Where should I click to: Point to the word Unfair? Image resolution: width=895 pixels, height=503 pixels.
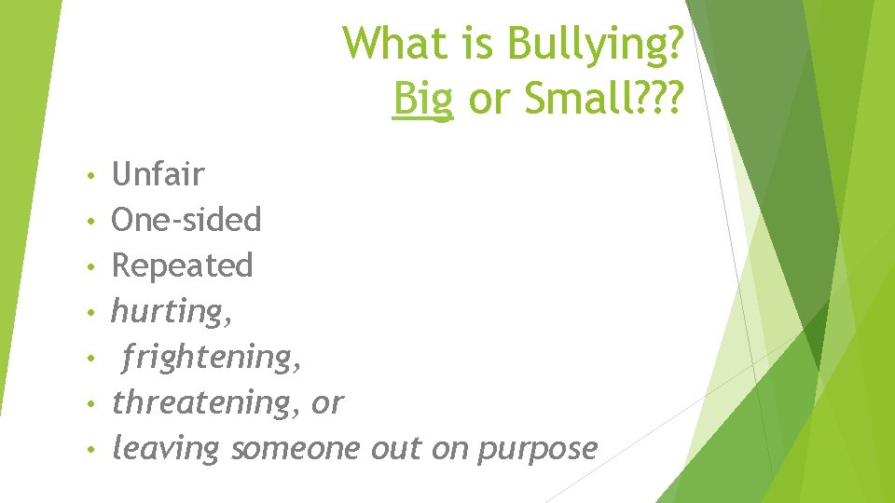(158, 173)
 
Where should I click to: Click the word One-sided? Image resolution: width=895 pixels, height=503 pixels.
(186, 220)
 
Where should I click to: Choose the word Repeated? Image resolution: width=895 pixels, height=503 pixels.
(183, 266)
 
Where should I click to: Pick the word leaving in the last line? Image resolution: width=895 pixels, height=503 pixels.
(165, 449)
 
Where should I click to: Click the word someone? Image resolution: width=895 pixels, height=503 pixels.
(295, 449)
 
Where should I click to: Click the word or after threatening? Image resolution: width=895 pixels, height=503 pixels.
(327, 403)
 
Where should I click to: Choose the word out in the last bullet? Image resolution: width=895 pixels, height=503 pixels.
(396, 449)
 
